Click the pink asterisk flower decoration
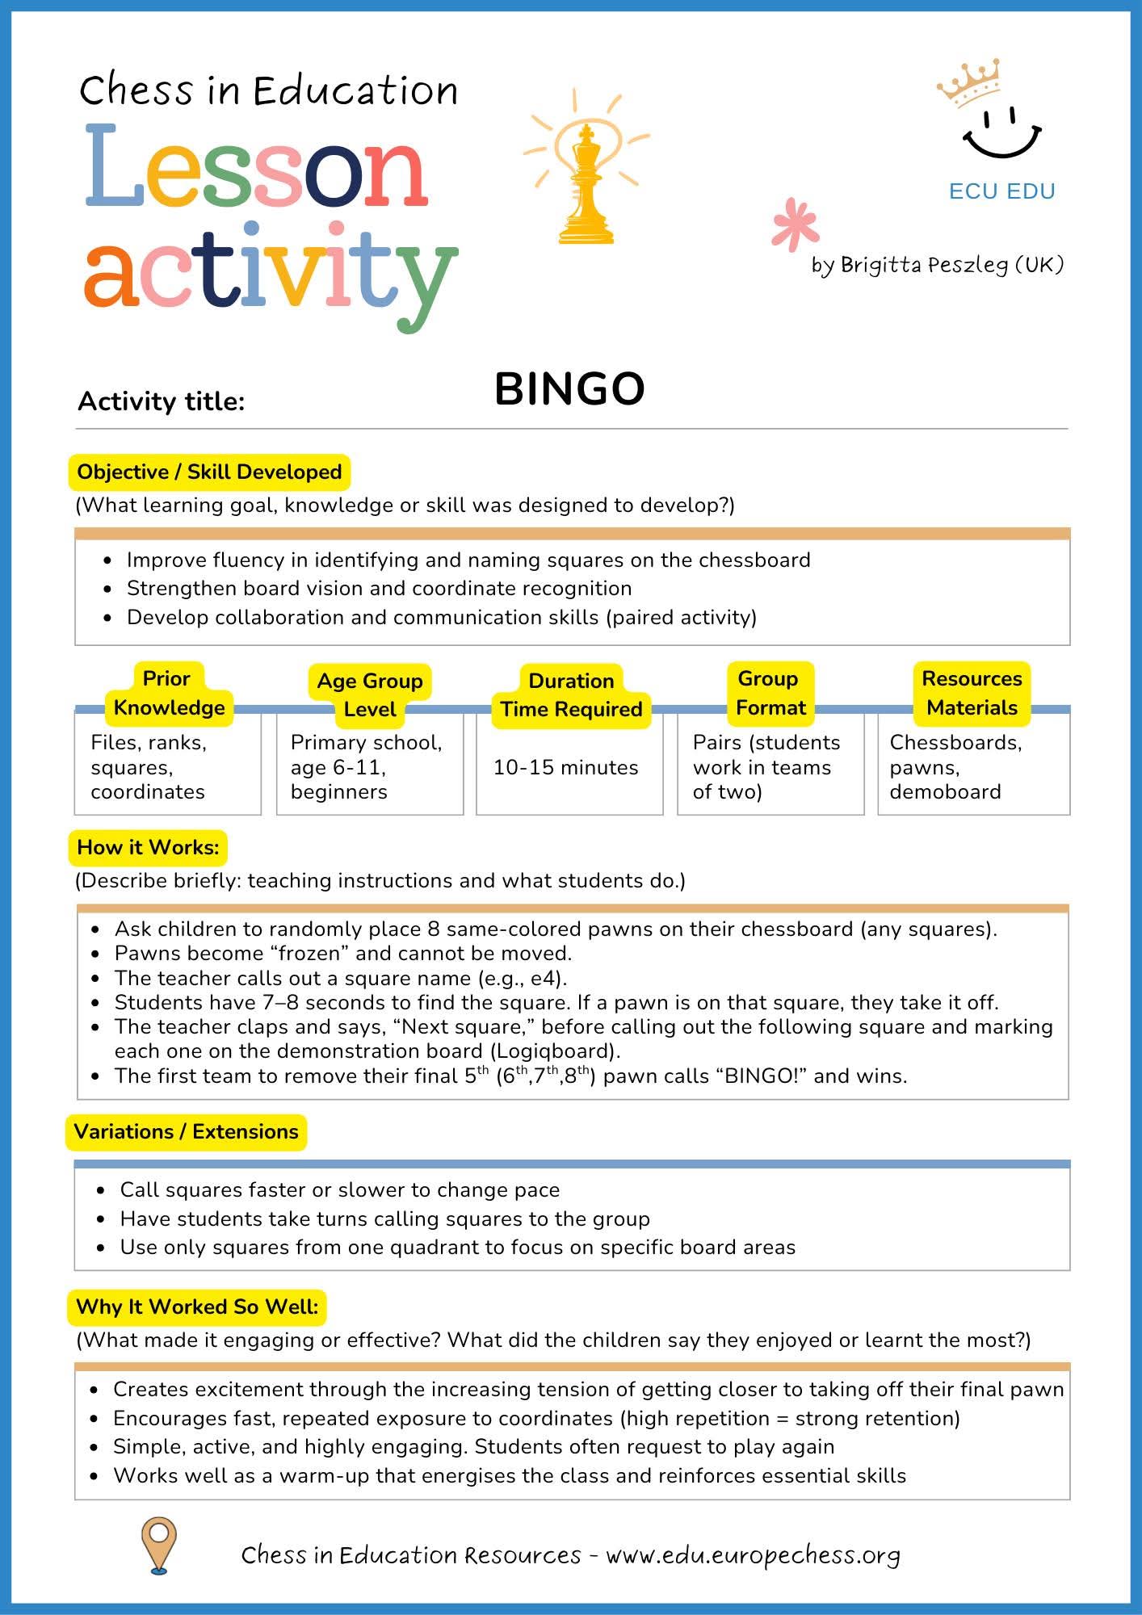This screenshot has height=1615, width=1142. point(795,224)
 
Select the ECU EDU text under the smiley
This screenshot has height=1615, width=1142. point(1002,191)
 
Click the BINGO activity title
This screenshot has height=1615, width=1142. point(569,389)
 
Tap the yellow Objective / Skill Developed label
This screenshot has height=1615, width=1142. point(209,472)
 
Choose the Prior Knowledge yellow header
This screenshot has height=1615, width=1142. point(168,694)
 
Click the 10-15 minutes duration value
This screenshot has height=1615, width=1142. point(565,767)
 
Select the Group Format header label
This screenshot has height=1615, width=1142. point(770,694)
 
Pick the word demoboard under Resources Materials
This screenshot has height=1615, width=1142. point(945,792)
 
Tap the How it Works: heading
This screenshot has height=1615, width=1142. point(148,848)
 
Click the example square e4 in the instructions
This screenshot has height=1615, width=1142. point(548,979)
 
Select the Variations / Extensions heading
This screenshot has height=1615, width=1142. point(186,1132)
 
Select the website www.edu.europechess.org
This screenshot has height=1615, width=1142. point(753,1555)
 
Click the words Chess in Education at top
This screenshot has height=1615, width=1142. point(268,90)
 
